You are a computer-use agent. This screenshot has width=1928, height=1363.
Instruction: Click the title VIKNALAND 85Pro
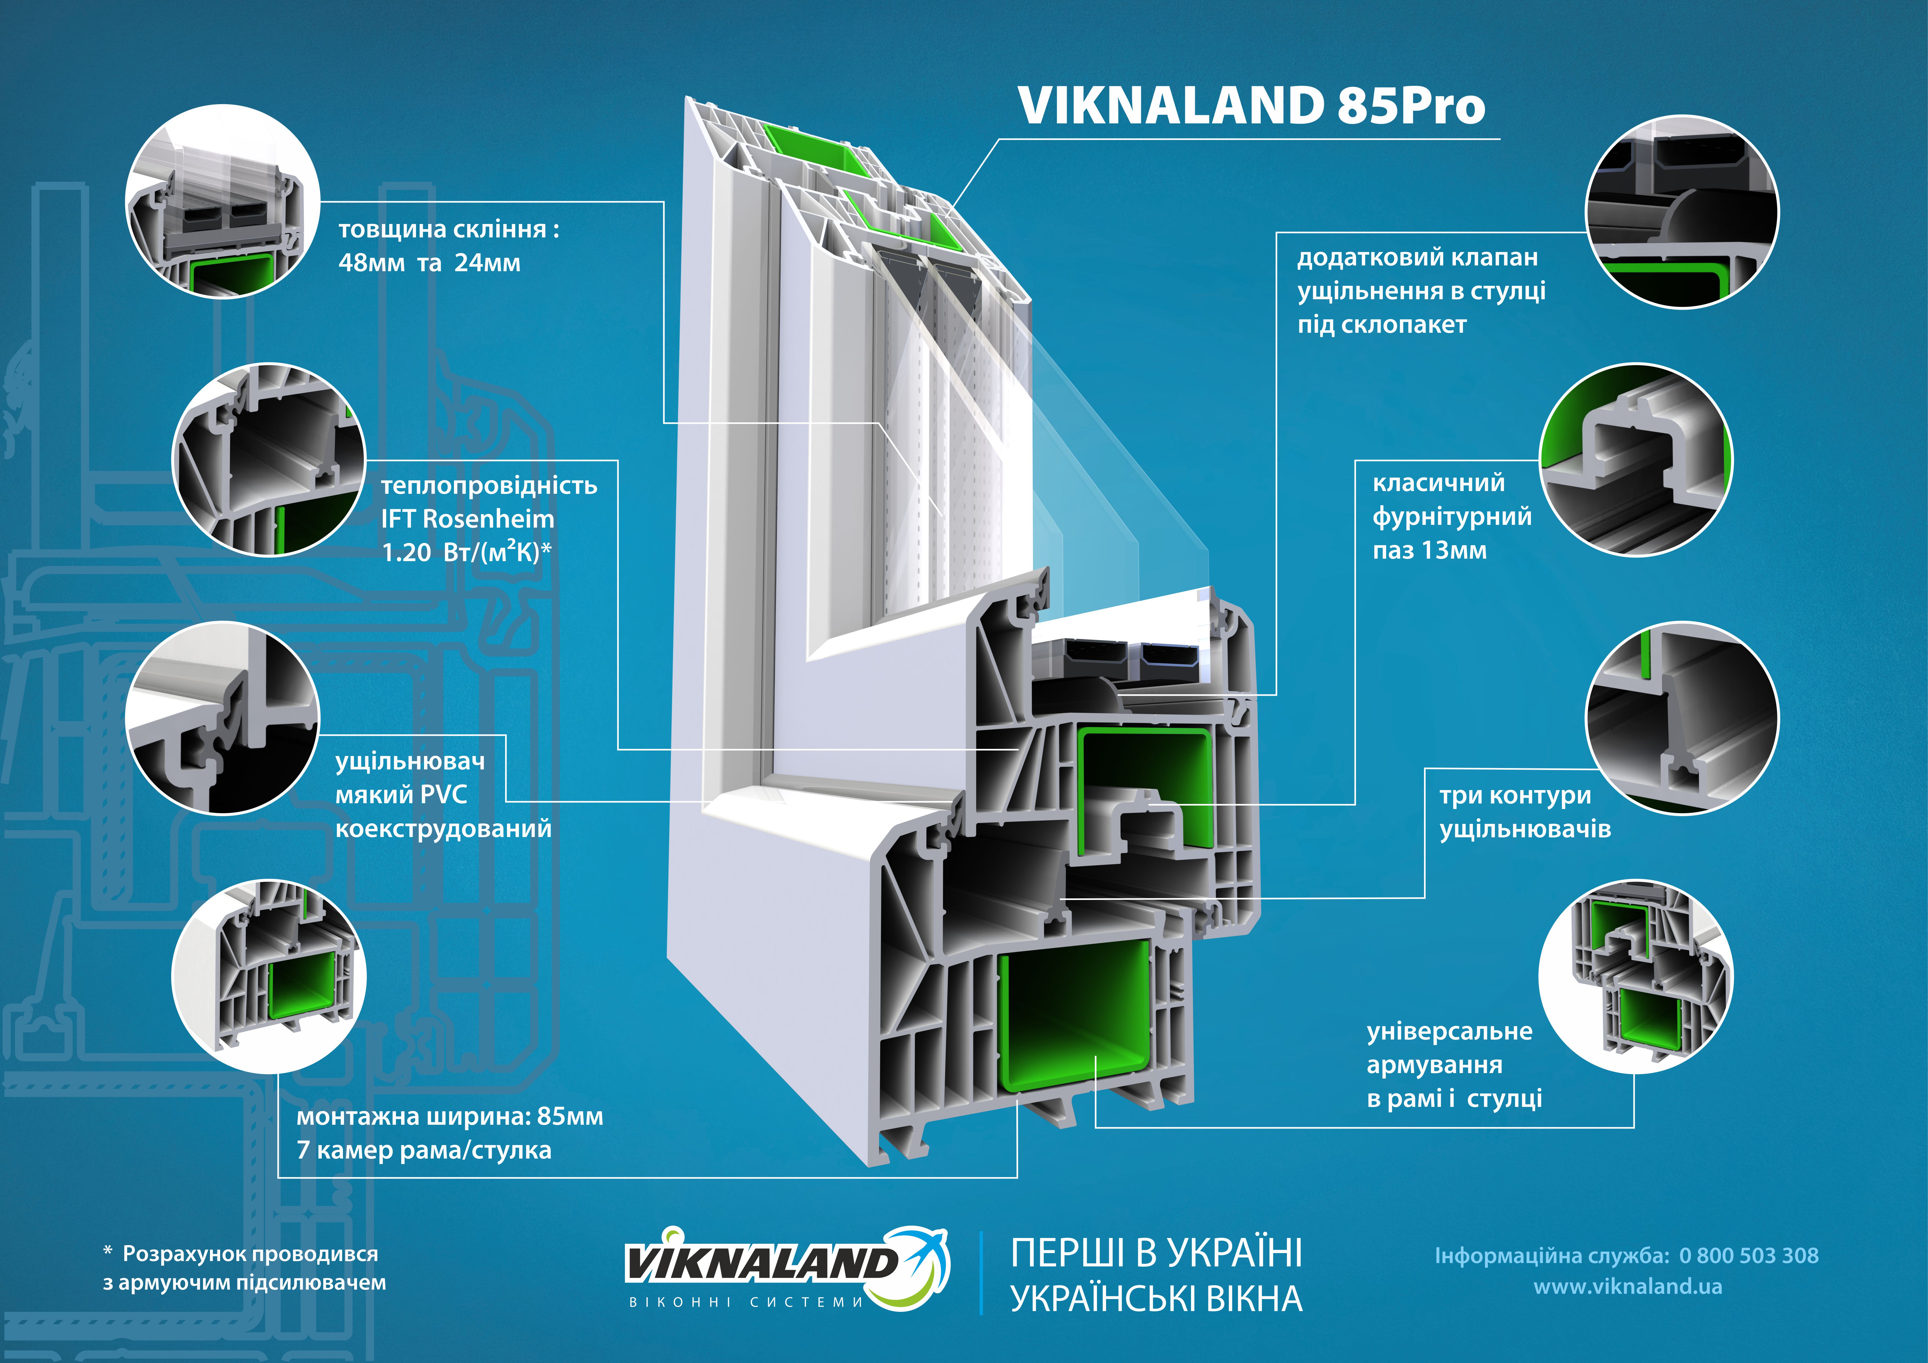1251,106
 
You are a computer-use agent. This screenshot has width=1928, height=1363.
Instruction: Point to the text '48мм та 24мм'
429,263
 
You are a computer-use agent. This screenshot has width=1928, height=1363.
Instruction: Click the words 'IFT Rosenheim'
468,519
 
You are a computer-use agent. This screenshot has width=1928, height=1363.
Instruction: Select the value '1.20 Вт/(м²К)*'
466,553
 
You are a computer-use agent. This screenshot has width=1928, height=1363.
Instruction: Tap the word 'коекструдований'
443,829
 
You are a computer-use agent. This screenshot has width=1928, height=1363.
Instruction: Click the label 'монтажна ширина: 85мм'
449,1117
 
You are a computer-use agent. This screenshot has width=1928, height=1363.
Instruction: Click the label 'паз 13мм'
1429,551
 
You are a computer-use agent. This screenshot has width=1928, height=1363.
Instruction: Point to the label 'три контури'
1515,795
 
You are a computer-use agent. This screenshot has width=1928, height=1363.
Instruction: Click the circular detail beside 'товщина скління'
223,201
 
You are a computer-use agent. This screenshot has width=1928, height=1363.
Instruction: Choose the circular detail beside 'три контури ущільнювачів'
1681,718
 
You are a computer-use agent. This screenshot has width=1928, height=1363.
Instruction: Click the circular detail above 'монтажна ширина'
269,976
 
